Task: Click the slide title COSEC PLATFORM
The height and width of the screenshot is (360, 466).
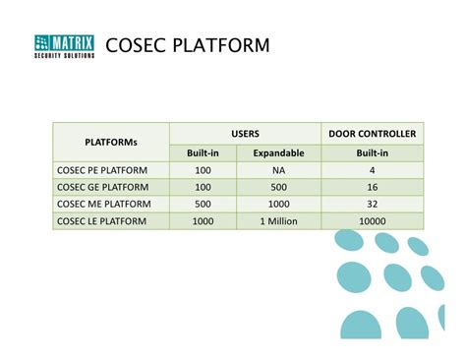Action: [187, 45]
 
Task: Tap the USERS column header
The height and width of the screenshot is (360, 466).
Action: [245, 133]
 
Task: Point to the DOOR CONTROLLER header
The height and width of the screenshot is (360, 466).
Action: [371, 133]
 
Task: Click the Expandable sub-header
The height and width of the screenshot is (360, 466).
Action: [278, 152]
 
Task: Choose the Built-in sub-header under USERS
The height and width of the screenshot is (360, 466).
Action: [204, 152]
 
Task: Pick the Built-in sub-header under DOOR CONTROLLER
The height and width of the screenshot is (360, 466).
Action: [372, 152]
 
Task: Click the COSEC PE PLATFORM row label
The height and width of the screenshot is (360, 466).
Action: [101, 170]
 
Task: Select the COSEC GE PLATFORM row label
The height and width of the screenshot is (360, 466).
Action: [102, 187]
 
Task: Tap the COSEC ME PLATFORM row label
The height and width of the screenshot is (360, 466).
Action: [103, 204]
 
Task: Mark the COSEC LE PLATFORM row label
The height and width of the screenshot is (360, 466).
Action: [101, 221]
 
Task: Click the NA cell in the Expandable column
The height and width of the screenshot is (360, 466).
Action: [278, 170]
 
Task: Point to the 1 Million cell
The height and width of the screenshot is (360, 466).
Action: [278, 221]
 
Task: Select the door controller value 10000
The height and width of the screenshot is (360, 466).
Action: [372, 221]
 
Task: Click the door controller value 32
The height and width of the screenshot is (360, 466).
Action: [372, 204]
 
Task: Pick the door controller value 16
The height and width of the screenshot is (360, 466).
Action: [372, 187]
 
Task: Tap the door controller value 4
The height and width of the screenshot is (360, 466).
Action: [372, 170]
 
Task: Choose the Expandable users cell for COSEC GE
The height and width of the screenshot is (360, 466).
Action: [278, 187]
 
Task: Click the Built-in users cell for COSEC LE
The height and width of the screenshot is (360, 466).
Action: [204, 221]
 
